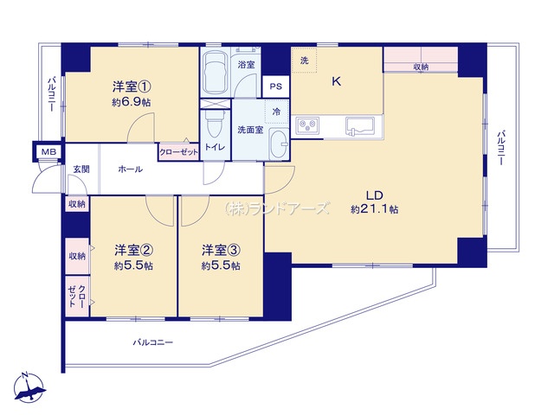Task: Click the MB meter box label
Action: [x=48, y=152]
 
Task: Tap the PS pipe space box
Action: [x=276, y=86]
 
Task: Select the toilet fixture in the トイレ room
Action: [x=215, y=124]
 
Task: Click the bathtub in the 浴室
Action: [x=215, y=73]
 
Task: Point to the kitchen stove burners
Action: [x=308, y=125]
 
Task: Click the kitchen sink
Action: [x=360, y=126]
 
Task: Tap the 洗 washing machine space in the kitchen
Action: [x=304, y=60]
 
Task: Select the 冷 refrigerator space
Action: [x=277, y=112]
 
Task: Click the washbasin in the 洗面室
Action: [x=279, y=145]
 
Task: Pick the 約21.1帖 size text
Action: [x=375, y=209]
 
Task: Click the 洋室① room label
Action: [x=132, y=86]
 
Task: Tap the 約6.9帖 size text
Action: [x=132, y=102]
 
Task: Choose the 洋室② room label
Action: [x=133, y=250]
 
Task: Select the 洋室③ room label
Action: [x=222, y=250]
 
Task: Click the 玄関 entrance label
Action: [x=81, y=169]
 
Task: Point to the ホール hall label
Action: [x=131, y=169]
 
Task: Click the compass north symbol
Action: [x=29, y=387]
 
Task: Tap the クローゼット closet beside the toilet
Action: [x=179, y=152]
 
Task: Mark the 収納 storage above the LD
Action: [x=421, y=60]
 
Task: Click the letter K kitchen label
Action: [x=337, y=81]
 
